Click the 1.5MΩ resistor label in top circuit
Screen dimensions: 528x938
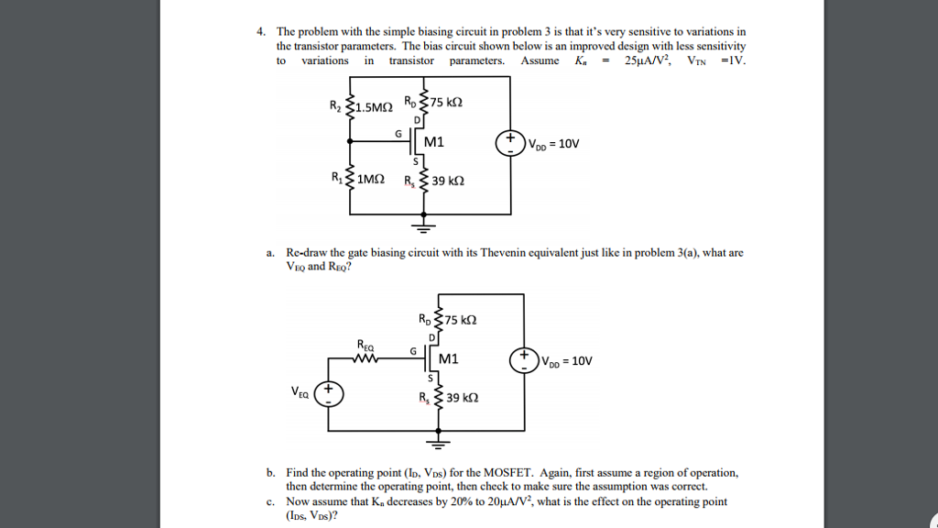coord(375,106)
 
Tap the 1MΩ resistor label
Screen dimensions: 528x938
coord(370,180)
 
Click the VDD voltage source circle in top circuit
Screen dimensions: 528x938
coord(509,143)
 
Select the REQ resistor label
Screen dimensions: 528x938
coord(365,345)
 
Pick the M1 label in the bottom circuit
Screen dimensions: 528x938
coord(449,358)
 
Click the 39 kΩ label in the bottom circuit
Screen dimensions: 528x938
coord(462,398)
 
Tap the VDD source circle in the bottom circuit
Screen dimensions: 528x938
coord(525,359)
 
